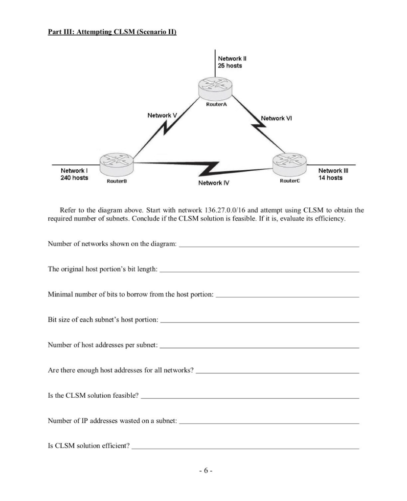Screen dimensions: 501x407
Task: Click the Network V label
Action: pyautogui.click(x=162, y=115)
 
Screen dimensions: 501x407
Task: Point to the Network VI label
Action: pyautogui.click(x=276, y=118)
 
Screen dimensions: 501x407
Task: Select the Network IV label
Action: pyautogui.click(x=214, y=183)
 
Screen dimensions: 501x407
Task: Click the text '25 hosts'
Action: pyautogui.click(x=230, y=66)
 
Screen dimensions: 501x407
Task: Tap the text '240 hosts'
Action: pyautogui.click(x=74, y=178)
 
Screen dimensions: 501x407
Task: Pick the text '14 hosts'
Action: pyautogui.click(x=330, y=178)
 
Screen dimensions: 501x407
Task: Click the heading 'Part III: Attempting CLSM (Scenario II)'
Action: pyautogui.click(x=112, y=32)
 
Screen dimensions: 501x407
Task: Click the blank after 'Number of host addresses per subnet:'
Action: pyautogui.click(x=259, y=345)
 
